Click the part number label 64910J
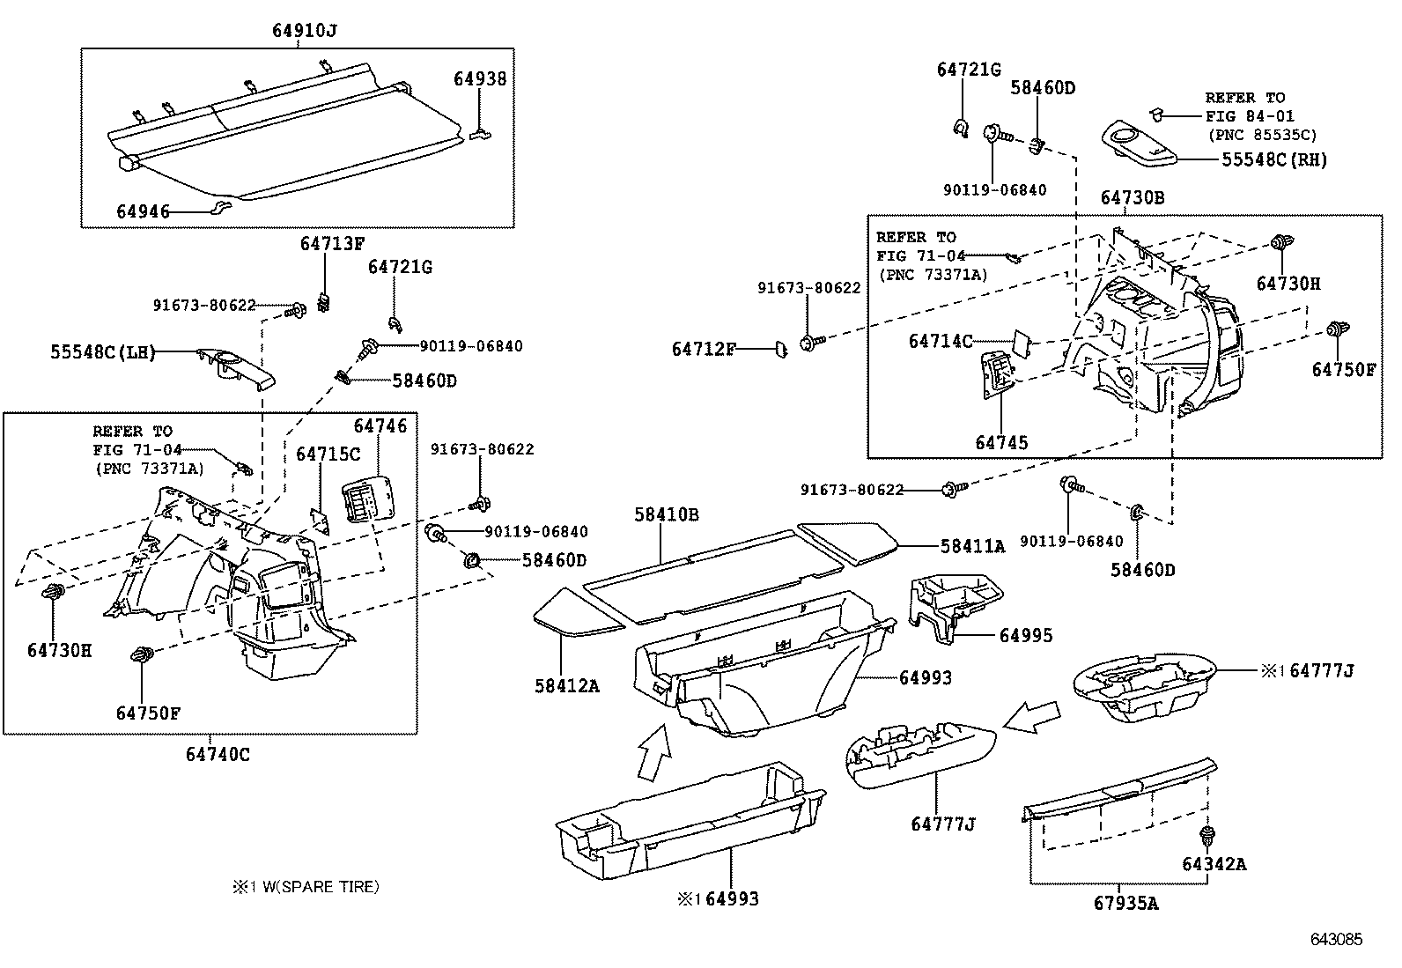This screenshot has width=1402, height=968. (304, 31)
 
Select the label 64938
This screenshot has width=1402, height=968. (480, 78)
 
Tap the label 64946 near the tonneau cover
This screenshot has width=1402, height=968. (144, 211)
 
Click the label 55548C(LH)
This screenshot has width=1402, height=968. (102, 353)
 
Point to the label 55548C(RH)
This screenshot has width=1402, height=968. (1273, 160)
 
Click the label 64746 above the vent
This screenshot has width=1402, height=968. (380, 426)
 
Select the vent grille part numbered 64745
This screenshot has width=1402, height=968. (999, 377)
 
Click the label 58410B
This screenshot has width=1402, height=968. (667, 514)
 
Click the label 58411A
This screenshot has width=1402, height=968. (972, 546)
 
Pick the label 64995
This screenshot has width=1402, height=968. (1025, 636)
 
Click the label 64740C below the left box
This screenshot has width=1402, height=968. (218, 755)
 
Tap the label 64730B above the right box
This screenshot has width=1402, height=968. (1132, 198)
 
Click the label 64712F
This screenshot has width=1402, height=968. (703, 350)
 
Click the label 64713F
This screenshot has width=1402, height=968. (331, 244)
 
